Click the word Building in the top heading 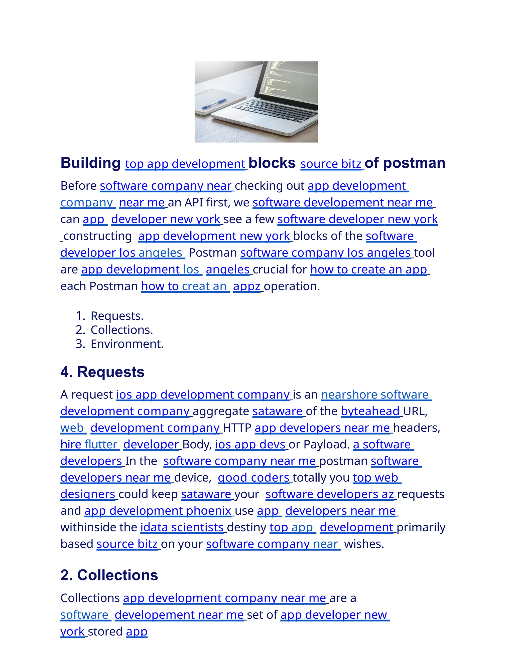pyautogui.click(x=91, y=163)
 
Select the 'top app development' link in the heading pyautogui.click(x=185, y=164)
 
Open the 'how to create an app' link pyautogui.click(x=368, y=269)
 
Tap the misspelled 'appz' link pyautogui.click(x=247, y=286)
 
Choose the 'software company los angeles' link pyautogui.click(x=325, y=253)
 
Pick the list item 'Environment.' pyautogui.click(x=127, y=344)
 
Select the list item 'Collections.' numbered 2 pyautogui.click(x=121, y=330)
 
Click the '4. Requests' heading pyautogui.click(x=102, y=372)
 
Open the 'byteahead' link pyautogui.click(x=370, y=411)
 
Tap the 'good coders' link pyautogui.click(x=254, y=478)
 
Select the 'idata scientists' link pyautogui.click(x=182, y=528)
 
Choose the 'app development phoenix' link pyautogui.click(x=158, y=511)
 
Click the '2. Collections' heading pyautogui.click(x=109, y=575)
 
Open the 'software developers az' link pyautogui.click(x=330, y=494)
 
